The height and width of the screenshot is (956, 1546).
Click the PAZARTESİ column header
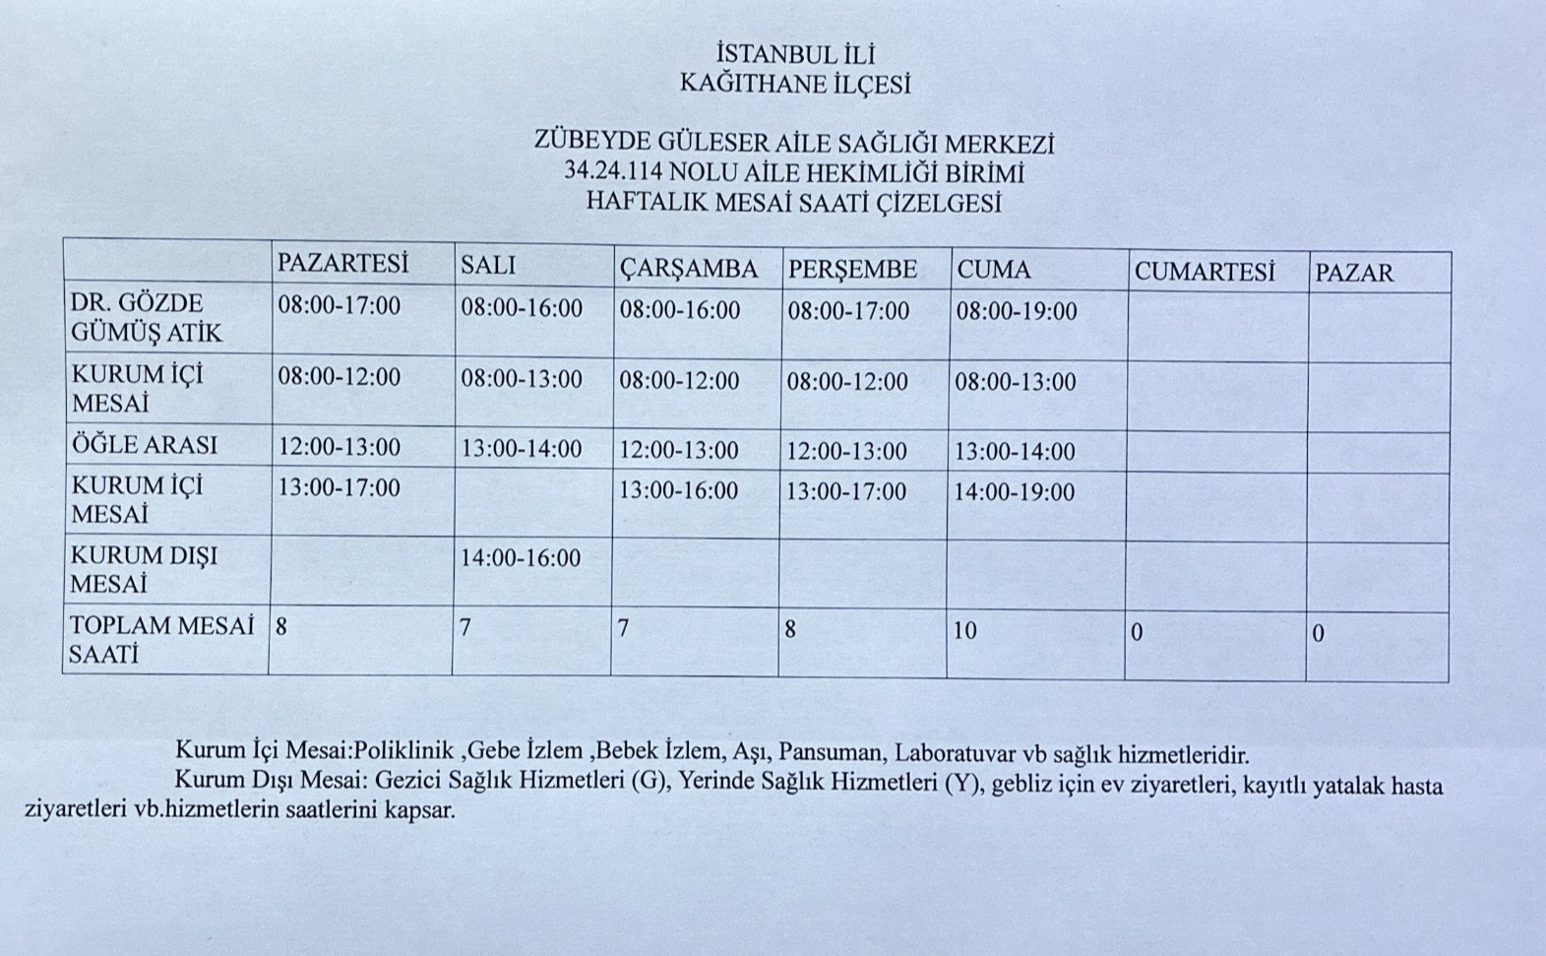click(342, 264)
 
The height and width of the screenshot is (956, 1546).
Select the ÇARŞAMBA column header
click(689, 269)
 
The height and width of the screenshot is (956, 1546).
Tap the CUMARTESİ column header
click(1204, 272)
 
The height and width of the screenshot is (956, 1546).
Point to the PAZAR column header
click(1354, 274)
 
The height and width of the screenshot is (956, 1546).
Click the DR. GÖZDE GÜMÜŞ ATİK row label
click(147, 317)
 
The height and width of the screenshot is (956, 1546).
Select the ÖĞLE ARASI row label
click(145, 445)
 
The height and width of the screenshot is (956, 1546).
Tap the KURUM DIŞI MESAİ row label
click(145, 569)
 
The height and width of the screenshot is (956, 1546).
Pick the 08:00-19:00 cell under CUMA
click(1017, 312)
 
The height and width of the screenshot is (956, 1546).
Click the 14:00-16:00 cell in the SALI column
click(521, 558)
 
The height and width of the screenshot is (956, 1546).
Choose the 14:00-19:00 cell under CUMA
click(1015, 492)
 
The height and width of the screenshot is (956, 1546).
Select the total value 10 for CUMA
click(965, 630)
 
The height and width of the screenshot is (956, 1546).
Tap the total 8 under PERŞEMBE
click(790, 629)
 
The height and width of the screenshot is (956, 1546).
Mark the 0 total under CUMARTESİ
click(1138, 632)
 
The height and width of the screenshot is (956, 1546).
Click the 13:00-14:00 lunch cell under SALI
click(522, 450)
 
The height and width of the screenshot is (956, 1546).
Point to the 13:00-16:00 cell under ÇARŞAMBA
click(678, 490)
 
